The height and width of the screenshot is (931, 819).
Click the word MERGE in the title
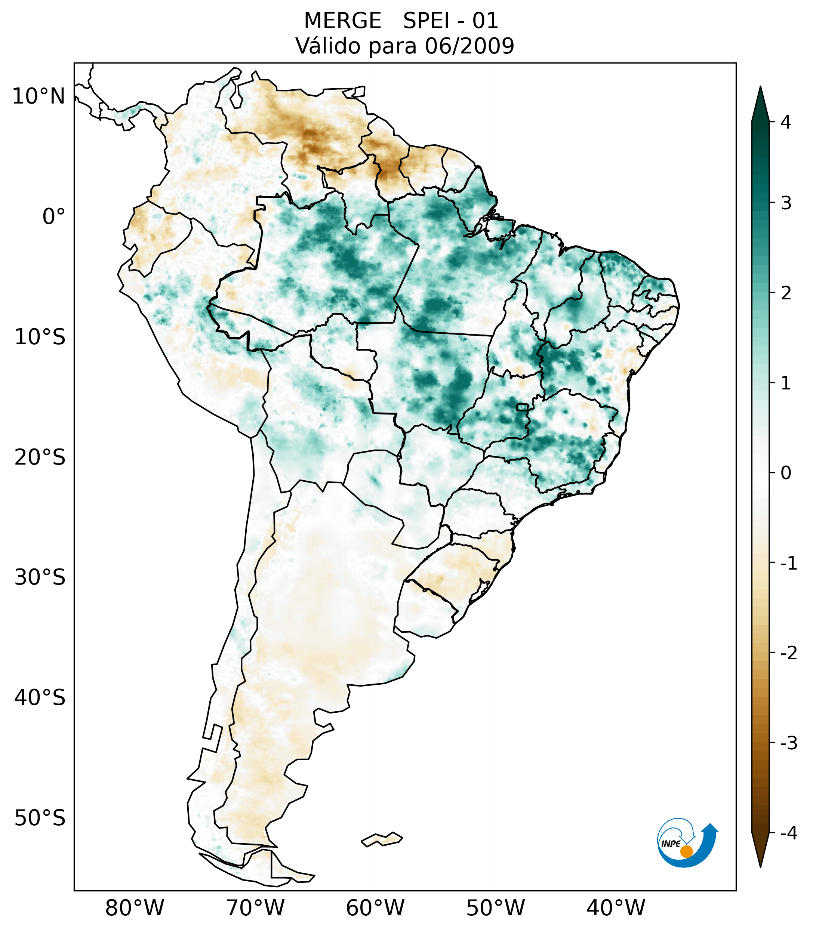click(342, 21)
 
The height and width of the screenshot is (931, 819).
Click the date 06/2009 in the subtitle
click(469, 46)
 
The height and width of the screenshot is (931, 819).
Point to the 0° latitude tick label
click(54, 217)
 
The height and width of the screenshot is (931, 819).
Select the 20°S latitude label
click(40, 457)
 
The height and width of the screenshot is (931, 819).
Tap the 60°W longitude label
click(375, 908)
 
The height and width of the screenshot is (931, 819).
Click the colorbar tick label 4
click(786, 122)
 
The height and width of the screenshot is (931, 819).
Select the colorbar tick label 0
click(786, 473)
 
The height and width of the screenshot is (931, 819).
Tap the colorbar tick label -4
click(788, 833)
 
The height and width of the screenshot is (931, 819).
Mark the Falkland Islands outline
click(382, 839)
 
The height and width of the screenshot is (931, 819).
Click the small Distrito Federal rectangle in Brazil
click(522, 406)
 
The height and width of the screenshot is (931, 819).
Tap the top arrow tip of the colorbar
click(760, 87)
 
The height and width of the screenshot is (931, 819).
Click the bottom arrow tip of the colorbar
click(760, 866)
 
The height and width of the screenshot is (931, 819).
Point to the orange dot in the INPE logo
click(686, 851)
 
